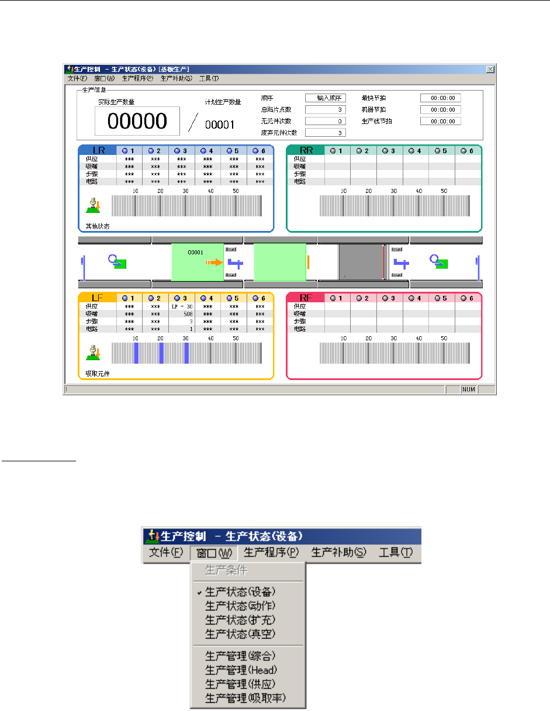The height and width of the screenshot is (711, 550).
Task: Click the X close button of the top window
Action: (490, 68)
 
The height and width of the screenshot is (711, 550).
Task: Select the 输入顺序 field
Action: (326, 98)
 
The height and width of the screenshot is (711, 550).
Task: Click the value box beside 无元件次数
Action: (326, 121)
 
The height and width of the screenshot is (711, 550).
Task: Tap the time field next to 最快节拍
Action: (440, 98)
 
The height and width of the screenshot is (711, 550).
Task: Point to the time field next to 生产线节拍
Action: (440, 121)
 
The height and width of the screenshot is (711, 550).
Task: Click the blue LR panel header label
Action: (98, 150)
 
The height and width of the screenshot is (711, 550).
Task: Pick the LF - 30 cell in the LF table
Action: (182, 306)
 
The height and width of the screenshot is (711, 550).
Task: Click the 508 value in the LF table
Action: (182, 313)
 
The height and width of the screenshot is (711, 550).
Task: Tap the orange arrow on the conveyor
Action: (214, 263)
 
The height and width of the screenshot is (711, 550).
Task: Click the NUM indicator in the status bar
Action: (468, 389)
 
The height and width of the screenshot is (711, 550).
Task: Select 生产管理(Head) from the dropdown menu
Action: (241, 669)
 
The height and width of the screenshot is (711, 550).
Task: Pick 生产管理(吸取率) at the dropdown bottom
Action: (246, 698)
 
